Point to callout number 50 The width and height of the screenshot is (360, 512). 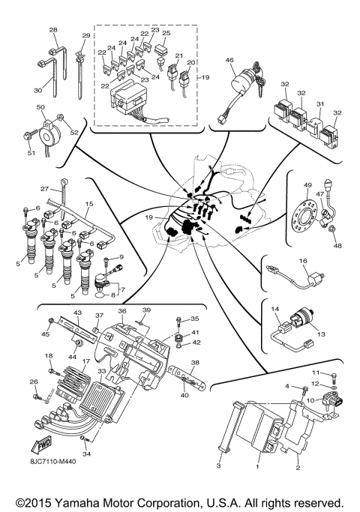point(40,109)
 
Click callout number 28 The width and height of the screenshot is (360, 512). point(53,30)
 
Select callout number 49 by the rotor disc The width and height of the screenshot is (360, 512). point(307,185)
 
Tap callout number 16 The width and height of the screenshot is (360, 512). point(304,261)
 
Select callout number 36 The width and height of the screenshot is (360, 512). point(122,311)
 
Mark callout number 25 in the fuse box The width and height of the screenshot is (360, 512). point(166,34)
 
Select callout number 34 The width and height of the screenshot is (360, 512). point(87,454)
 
